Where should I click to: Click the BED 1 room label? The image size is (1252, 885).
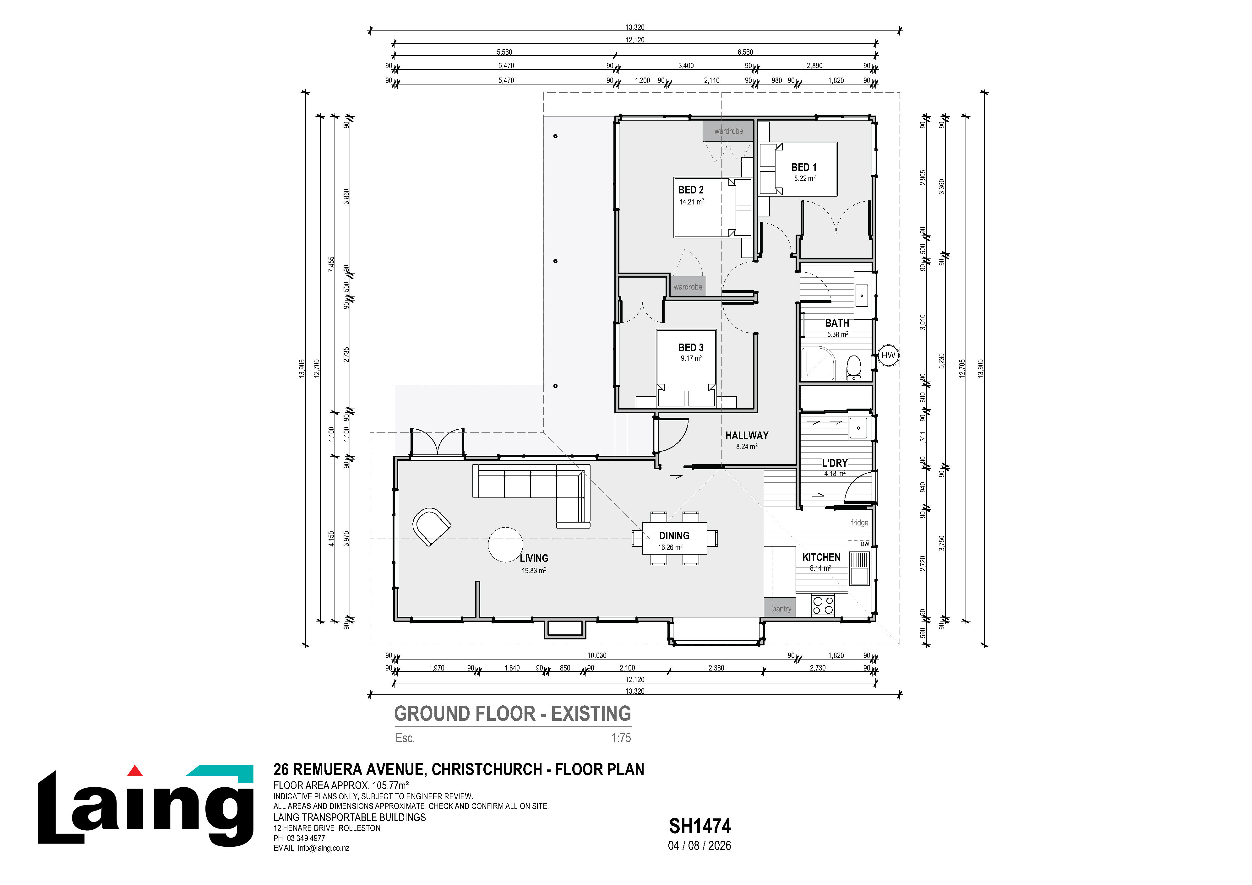804,167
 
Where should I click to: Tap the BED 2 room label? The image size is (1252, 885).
691,190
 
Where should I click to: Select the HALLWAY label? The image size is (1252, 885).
747,435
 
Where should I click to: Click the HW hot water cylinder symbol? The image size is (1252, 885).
888,356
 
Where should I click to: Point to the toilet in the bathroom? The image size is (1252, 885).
853,368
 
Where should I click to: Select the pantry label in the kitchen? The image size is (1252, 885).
781,609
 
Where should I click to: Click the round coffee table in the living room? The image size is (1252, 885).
505,545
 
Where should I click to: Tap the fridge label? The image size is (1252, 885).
859,522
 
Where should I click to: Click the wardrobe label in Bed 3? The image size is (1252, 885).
688,287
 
